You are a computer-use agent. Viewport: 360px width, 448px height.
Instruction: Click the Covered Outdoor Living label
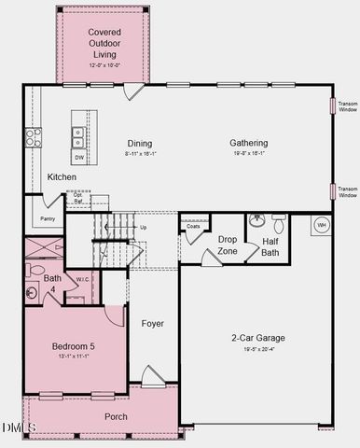104,43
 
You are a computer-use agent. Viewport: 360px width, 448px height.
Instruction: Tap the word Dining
141,143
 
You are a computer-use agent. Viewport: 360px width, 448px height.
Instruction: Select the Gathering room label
249,143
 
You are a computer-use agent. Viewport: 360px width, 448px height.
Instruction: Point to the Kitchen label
62,176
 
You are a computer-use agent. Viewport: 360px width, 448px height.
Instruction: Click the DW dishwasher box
79,158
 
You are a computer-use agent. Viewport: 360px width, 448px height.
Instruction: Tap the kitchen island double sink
78,137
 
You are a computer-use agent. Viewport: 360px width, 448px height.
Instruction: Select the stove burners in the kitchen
32,138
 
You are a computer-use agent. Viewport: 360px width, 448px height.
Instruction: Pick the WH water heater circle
322,225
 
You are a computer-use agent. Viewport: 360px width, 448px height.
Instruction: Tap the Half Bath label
270,246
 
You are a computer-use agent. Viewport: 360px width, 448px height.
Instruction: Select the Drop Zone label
228,245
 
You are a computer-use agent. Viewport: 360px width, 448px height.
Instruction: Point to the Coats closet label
193,226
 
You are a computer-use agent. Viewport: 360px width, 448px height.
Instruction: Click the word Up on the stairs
143,227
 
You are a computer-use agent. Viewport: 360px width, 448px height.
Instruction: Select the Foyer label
152,324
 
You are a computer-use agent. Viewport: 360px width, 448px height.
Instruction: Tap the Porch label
116,416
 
